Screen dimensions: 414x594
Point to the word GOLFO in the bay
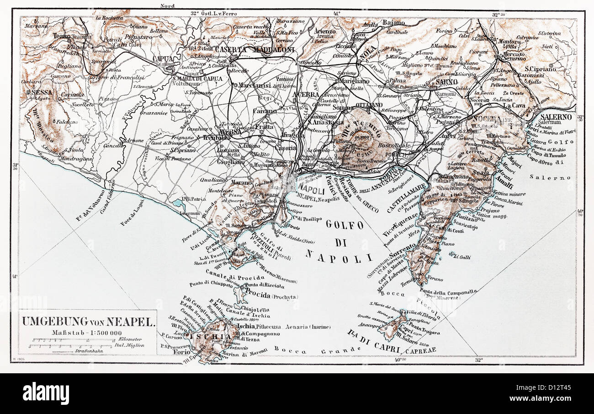pos(345,225)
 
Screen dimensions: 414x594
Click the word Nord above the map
pos(167,5)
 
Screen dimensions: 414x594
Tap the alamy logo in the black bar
pos(46,393)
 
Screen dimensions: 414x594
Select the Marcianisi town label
pos(255,85)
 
